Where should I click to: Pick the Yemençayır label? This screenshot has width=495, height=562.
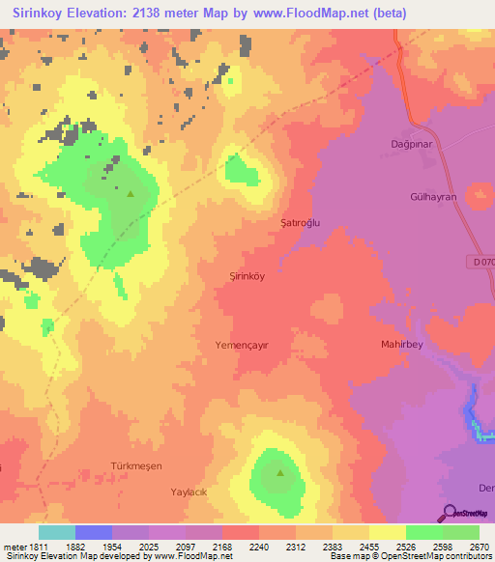tap(241, 344)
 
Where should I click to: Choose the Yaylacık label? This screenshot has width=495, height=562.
tap(189, 491)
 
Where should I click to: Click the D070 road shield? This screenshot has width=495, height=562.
tap(483, 263)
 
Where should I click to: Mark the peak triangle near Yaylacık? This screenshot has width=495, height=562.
tap(280, 473)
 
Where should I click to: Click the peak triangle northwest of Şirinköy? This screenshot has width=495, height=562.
tap(130, 193)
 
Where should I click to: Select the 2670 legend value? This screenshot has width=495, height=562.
tap(478, 548)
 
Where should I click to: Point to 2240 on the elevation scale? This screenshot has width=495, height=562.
tap(256, 548)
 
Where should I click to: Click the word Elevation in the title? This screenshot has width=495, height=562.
tap(105, 13)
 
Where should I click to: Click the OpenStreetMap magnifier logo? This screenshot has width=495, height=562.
tap(448, 513)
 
